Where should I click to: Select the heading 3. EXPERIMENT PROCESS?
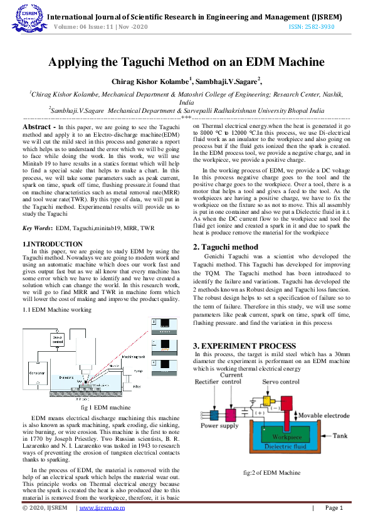[x=244, y=346]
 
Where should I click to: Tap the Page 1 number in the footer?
[x=333, y=508]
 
